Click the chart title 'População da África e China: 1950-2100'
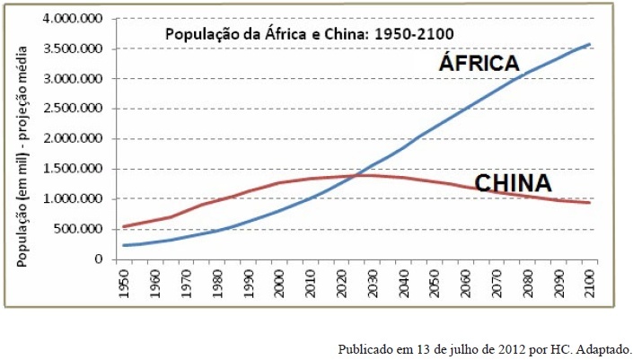point(308,34)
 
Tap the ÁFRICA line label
point(479,63)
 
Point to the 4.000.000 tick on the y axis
point(79,19)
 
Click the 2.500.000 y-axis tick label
point(79,109)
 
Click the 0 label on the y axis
point(104,259)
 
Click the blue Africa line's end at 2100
point(589,43)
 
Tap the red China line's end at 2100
point(589,203)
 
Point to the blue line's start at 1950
point(123,245)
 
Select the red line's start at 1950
point(123,226)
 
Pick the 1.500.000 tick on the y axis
point(79,169)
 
